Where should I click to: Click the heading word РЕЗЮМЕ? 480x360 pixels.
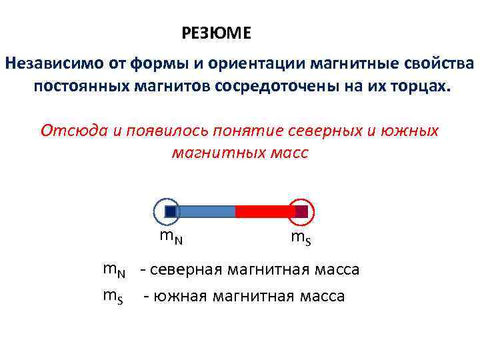point(216,33)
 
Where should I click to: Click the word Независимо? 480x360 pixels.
point(51,64)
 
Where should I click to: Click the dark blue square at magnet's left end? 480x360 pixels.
point(170,211)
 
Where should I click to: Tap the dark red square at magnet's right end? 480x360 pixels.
point(301,211)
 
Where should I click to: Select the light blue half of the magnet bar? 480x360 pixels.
point(206,211)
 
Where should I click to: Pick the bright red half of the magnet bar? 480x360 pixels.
point(265,211)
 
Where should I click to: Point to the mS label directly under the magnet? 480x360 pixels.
point(299,237)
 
